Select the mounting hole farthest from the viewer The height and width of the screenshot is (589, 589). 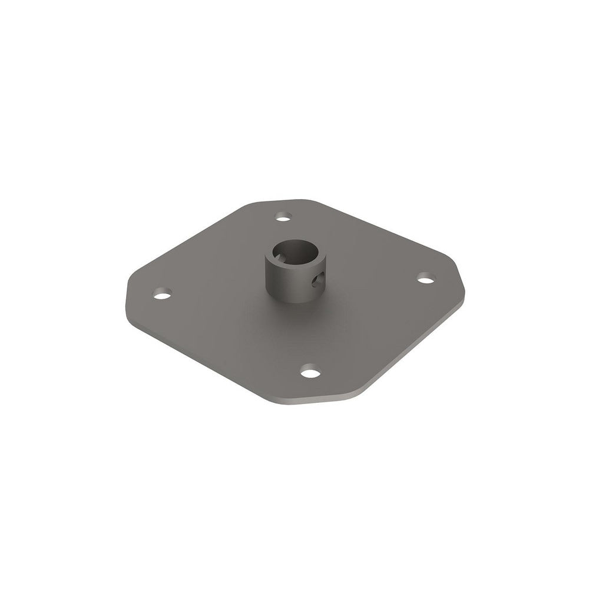pyautogui.click(x=284, y=217)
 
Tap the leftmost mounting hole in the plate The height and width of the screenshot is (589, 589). pyautogui.click(x=163, y=293)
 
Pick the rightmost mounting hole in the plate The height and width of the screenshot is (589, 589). pyautogui.click(x=426, y=277)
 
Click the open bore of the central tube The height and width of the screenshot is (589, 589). pyautogui.click(x=294, y=253)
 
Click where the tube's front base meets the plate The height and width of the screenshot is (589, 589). pyautogui.click(x=293, y=302)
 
